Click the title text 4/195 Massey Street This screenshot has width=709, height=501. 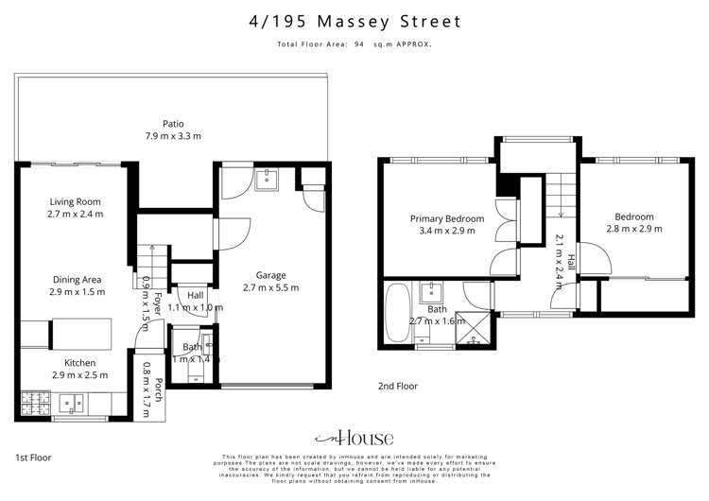click(354, 21)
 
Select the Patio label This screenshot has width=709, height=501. click(172, 123)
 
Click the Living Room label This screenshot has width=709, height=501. click(76, 201)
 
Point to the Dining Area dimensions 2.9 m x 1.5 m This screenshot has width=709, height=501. click(76, 293)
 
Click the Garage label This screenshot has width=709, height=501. click(270, 275)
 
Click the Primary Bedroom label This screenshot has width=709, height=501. click(446, 218)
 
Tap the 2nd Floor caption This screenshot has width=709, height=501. click(397, 386)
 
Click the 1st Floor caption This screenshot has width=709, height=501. click(33, 457)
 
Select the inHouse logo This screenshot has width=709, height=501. click(354, 439)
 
